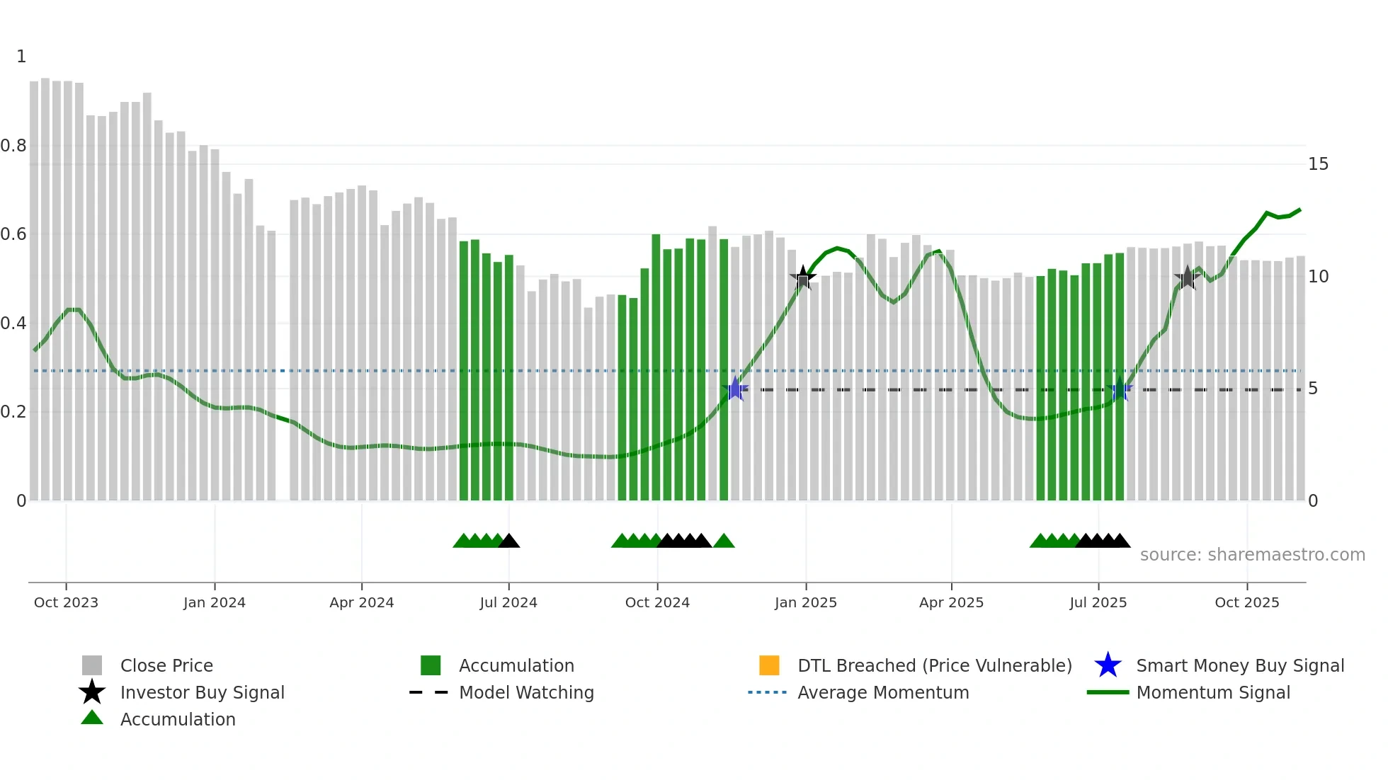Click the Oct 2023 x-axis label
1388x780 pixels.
pyautogui.click(x=66, y=602)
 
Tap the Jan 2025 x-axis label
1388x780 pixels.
pyautogui.click(x=805, y=602)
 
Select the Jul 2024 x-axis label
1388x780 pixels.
pyautogui.click(x=508, y=602)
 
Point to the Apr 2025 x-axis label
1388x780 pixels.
pyautogui.click(x=951, y=602)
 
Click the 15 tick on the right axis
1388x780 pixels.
pyautogui.click(x=1318, y=164)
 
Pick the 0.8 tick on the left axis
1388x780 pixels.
pyautogui.click(x=13, y=146)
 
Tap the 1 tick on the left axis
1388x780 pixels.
pyautogui.click(x=21, y=57)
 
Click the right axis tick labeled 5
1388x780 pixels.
pyautogui.click(x=1313, y=389)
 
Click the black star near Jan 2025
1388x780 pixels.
pyautogui.click(x=802, y=277)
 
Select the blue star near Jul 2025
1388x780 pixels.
pyautogui.click(x=1120, y=390)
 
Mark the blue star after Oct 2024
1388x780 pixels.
pyautogui.click(x=735, y=389)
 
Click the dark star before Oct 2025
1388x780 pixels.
pyautogui.click(x=1188, y=278)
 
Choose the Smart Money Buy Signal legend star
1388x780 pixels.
pyautogui.click(x=1108, y=665)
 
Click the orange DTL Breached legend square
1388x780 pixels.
pyautogui.click(x=769, y=665)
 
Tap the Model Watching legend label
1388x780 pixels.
pyautogui.click(x=526, y=692)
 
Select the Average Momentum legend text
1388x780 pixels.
pyautogui.click(x=883, y=692)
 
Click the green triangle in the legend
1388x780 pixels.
pyautogui.click(x=92, y=718)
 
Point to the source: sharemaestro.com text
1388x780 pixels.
pyautogui.click(x=1252, y=555)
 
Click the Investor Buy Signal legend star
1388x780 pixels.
pyautogui.click(x=92, y=692)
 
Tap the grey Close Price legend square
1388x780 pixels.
pyautogui.click(x=92, y=665)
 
